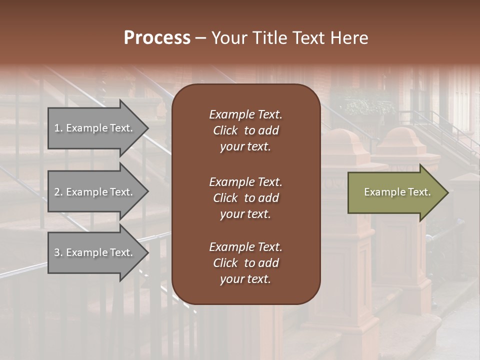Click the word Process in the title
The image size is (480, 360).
click(x=157, y=38)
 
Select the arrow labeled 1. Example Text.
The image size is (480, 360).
click(x=95, y=128)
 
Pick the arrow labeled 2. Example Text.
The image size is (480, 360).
click(x=95, y=192)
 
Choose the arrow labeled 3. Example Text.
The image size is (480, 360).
click(x=95, y=252)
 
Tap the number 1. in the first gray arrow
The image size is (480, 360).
click(x=58, y=128)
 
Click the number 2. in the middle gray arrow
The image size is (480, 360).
click(x=58, y=192)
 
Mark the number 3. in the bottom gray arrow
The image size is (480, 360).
click(x=58, y=252)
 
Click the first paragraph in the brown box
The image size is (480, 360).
click(x=245, y=130)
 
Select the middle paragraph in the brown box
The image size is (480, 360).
click(x=245, y=198)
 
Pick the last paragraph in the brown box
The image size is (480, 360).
click(x=245, y=263)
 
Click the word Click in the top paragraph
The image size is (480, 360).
click(x=225, y=130)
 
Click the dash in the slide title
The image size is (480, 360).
click(x=200, y=38)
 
